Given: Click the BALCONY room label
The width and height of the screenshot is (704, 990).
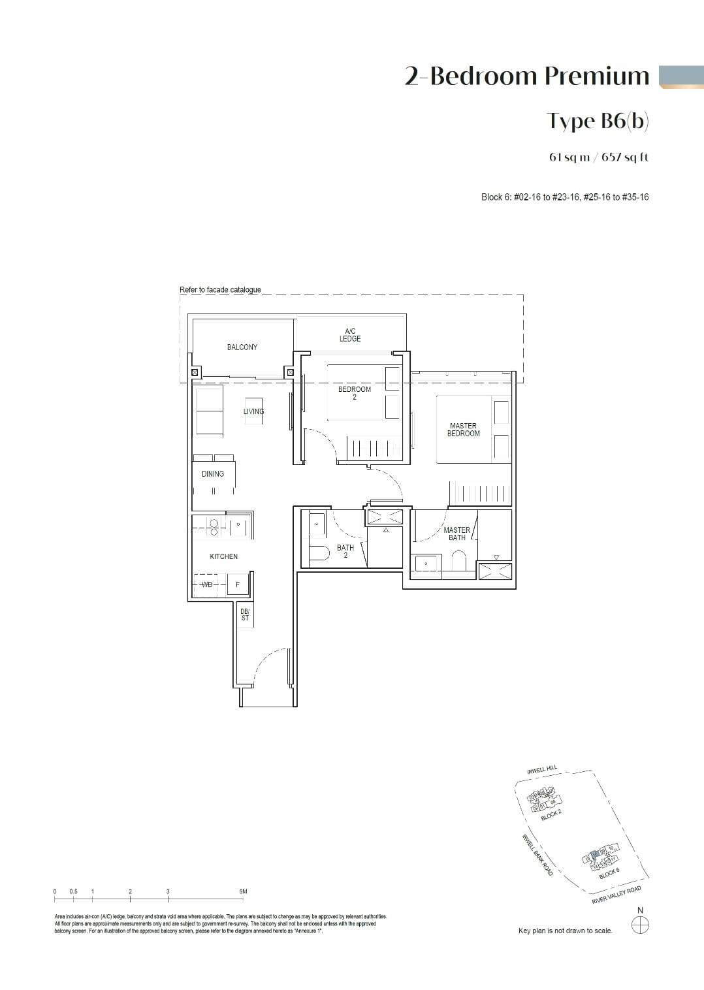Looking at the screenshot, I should tap(242, 347).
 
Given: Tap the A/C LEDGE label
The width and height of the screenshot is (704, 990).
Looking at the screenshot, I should tap(350, 335).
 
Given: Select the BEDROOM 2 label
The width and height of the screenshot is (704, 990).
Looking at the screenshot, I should tap(355, 393).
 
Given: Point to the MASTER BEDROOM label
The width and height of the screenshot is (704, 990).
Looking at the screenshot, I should tap(464, 430).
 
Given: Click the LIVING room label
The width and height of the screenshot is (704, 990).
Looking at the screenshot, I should tap(253, 411).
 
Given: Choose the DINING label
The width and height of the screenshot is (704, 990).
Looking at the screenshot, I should tap(213, 474).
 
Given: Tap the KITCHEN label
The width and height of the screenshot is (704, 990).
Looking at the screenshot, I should tap(223, 556).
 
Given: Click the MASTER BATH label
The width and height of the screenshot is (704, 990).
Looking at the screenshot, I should tap(457, 534).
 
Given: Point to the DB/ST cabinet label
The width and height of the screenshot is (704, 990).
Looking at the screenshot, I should tap(245, 615).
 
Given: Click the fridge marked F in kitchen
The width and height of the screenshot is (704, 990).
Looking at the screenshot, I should tap(238, 584).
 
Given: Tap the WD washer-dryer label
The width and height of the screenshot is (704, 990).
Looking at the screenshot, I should tap(207, 584).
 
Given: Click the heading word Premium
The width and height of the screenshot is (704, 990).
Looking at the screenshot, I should tap(596, 76).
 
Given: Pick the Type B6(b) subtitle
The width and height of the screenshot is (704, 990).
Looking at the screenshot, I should tap(598, 121).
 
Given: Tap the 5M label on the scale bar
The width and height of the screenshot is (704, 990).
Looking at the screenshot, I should tap(243, 891).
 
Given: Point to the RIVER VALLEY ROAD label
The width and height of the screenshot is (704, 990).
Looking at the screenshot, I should tap(616, 895).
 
